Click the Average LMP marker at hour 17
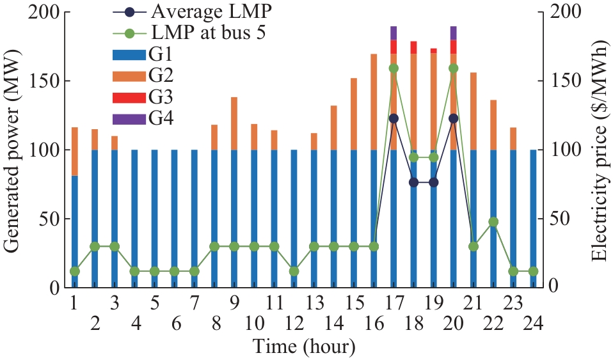tap(394, 118)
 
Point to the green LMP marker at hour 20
tap(454, 68)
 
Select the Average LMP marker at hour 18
tap(413, 182)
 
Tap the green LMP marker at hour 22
tap(493, 222)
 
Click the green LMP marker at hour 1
tap(75, 271)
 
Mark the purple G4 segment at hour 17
tap(394, 33)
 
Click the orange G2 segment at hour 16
tap(374, 102)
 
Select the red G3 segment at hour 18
tap(413, 47)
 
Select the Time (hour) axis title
tap(303, 347)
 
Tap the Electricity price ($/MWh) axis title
tap(599, 150)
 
